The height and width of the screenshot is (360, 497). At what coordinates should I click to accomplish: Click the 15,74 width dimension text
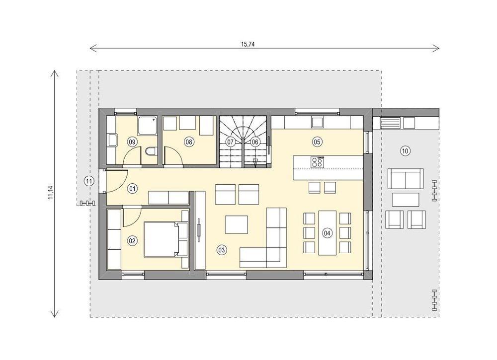point(248,44)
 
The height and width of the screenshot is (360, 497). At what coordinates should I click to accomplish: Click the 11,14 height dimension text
point(50,193)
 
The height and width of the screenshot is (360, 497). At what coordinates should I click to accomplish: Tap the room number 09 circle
point(132,142)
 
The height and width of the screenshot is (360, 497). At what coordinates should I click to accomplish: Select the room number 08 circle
point(189,142)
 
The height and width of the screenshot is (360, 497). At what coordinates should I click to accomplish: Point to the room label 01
point(132,189)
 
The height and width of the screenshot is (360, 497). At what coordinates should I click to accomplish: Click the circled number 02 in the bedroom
point(132,241)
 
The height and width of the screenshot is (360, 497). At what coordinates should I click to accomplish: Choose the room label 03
point(222,250)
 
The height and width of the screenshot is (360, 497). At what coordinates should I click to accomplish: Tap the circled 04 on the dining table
point(327,233)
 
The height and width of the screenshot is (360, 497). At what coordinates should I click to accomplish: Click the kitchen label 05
point(317,142)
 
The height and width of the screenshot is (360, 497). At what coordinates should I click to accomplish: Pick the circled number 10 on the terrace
point(405,151)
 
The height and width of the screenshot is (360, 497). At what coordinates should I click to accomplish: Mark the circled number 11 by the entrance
point(89,181)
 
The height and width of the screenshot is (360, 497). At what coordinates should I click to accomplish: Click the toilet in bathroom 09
point(151,151)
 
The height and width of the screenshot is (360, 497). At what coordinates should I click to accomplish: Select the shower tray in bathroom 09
point(148,126)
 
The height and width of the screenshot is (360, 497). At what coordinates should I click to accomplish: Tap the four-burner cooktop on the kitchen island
point(317,162)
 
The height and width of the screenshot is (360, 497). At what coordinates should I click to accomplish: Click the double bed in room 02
point(166,239)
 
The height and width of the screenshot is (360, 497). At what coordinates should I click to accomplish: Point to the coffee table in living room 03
point(237,224)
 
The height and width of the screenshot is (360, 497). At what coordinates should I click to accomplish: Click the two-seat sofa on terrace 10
point(406,179)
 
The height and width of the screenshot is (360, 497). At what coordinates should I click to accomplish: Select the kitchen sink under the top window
point(317,122)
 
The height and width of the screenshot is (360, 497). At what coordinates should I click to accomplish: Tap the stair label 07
point(231,142)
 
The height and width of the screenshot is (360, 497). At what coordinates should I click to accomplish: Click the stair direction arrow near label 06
point(255,162)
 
